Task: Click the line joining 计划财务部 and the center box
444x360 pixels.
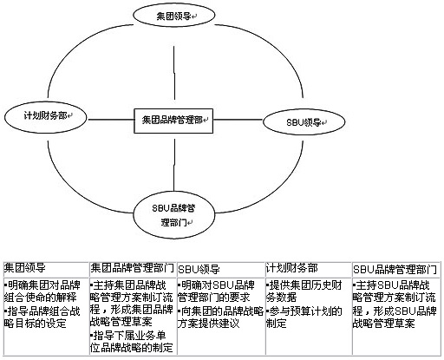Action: pos(111,120)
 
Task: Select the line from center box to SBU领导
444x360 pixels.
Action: pos(238,120)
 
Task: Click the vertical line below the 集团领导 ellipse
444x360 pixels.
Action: pos(174,73)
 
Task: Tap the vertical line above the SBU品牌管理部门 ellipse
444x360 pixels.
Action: pos(174,165)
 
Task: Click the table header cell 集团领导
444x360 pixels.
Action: pos(25,268)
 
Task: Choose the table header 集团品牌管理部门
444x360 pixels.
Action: pos(133,268)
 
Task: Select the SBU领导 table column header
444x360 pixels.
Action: pos(199,270)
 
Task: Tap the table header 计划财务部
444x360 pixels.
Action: pos(292,268)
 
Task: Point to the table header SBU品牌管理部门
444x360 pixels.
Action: pos(395,270)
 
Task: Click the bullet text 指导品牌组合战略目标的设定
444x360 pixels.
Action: pos(42,317)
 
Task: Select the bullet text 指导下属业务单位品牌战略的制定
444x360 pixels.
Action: pos(132,342)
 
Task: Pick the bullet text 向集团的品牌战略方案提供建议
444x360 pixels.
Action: pos(220,317)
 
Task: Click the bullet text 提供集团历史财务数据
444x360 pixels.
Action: pos(304,291)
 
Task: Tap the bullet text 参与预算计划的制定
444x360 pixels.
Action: pos(304,317)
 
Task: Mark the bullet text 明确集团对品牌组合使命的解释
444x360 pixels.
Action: pos(42,291)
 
